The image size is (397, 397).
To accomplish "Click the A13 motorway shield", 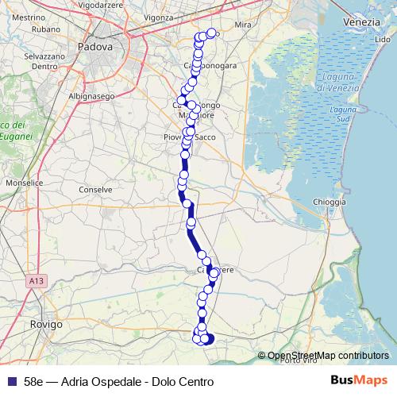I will tap(34, 281).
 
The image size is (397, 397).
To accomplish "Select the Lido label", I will tap(382, 39).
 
